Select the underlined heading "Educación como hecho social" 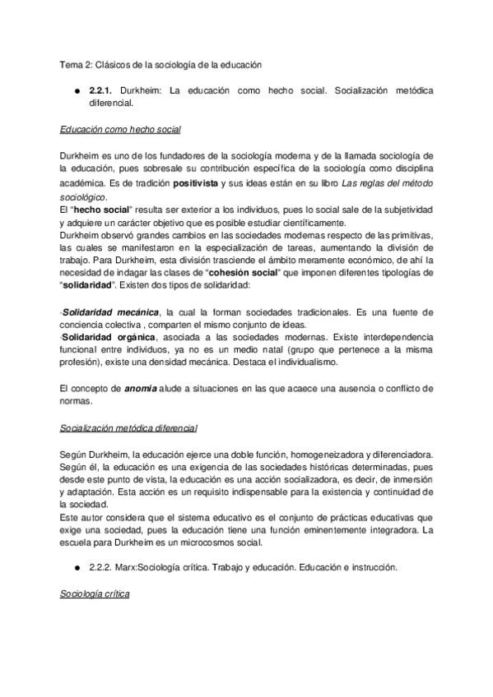[x=120, y=130]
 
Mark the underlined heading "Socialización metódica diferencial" [x=128, y=428]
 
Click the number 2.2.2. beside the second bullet [x=103, y=567]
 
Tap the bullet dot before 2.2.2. [x=75, y=567]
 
